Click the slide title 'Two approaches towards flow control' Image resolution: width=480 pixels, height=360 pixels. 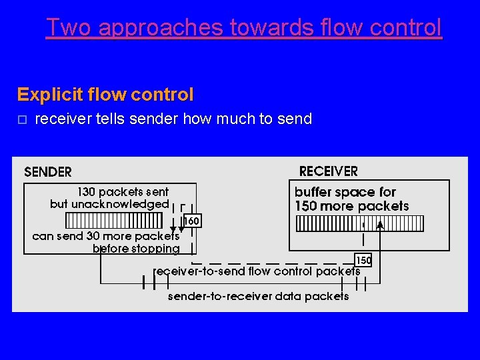pyautogui.click(x=243, y=27)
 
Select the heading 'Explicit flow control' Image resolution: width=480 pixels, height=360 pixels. pyautogui.click(x=105, y=95)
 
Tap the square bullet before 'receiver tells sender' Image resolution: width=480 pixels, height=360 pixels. pyautogui.click(x=22, y=119)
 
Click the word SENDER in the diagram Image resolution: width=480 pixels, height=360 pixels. pyautogui.click(x=47, y=172)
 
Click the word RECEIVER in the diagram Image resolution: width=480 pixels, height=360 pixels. pyautogui.click(x=328, y=171)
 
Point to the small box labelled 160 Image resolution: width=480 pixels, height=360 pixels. pyautogui.click(x=191, y=221)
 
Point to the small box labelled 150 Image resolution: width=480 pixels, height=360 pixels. pyautogui.click(x=363, y=260)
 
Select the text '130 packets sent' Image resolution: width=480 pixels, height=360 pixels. pyautogui.click(x=123, y=192)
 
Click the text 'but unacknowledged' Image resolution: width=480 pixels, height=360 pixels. pyautogui.click(x=109, y=204)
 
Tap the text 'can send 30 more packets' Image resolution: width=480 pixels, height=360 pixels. pyautogui.click(x=105, y=236)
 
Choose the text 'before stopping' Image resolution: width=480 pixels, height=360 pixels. pyautogui.click(x=136, y=249)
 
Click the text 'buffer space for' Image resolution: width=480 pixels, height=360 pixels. pyautogui.click(x=345, y=192)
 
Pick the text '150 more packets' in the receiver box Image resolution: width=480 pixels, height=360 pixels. pyautogui.click(x=351, y=206)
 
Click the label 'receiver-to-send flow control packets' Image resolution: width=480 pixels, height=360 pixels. pyautogui.click(x=257, y=271)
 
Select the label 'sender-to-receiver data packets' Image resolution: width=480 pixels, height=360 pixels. pyautogui.click(x=258, y=296)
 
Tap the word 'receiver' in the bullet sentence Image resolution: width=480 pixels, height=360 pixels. pyautogui.click(x=59, y=119)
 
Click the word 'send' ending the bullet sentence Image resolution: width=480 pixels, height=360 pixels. pyautogui.click(x=295, y=119)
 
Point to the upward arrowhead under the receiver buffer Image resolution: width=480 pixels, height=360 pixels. pyautogui.click(x=380, y=226)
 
